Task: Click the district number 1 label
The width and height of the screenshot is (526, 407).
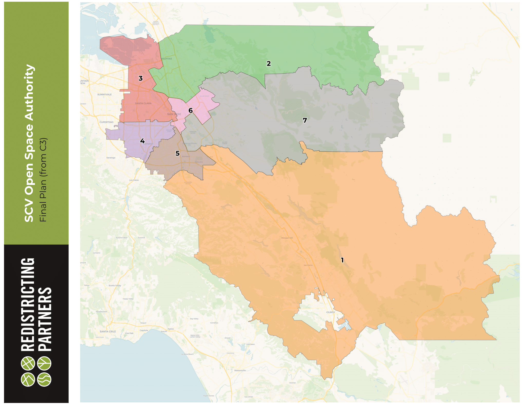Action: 342,260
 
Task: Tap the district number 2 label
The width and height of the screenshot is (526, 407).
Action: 269,64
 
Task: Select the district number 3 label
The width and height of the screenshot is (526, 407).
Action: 140,78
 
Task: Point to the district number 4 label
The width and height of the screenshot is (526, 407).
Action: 142,141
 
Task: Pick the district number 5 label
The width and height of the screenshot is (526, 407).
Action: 177,153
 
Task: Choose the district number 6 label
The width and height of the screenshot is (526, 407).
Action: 191,110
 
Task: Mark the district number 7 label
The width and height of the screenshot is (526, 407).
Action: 305,120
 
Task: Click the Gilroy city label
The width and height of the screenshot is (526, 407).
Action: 331,312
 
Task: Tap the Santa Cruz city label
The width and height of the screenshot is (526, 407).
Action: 108,331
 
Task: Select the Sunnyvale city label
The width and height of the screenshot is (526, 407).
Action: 105,94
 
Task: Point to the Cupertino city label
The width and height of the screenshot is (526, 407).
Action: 106,122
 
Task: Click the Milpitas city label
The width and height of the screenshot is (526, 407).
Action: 166,59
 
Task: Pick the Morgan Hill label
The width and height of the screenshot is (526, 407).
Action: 287,238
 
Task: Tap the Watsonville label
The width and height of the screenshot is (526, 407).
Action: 240,370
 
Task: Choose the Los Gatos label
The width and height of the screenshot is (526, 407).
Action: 134,180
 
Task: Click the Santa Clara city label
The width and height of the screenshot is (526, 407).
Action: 143,103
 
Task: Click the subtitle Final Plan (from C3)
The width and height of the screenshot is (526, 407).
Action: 43,180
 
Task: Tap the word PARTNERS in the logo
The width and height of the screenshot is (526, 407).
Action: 45,319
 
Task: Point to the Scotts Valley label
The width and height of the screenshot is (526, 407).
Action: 115,285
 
